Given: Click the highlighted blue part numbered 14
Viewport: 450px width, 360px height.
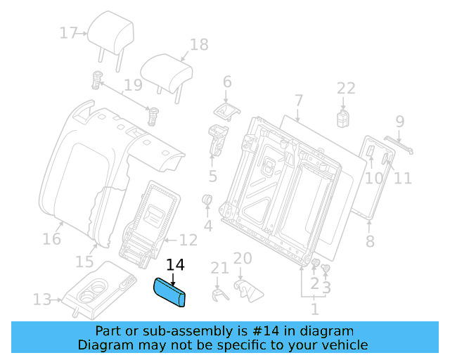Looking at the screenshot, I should [171, 292].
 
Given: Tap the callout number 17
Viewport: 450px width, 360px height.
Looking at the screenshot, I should [67, 33].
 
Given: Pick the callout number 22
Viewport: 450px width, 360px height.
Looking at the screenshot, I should [345, 88].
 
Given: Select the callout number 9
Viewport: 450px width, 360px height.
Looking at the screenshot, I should [399, 121].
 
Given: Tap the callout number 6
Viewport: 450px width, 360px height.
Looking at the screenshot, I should [226, 82].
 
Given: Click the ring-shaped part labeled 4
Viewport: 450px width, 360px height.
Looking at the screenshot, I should [208, 202].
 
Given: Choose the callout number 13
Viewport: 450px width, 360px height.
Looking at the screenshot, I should [41, 300].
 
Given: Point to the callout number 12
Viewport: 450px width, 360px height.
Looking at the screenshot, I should [188, 240].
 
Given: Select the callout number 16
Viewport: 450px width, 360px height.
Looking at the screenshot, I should [51, 239].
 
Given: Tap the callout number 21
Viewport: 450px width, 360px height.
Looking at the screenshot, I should [219, 268].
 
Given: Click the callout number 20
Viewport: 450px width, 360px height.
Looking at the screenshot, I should [242, 258].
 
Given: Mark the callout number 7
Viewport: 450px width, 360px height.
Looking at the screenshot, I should [298, 100].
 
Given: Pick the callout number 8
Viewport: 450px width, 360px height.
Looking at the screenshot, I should [370, 243].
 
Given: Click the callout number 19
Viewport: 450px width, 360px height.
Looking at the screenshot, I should [133, 87].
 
